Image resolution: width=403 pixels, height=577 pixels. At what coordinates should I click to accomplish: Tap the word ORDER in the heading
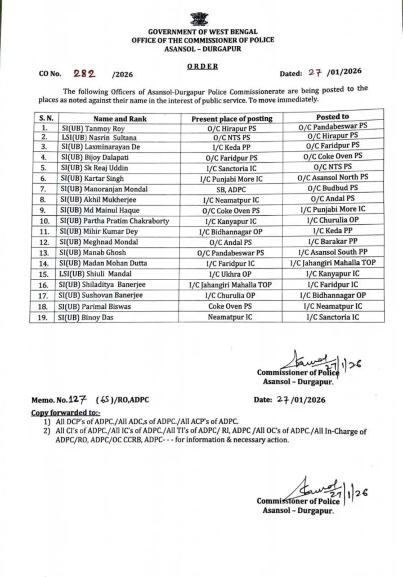[201, 65]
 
